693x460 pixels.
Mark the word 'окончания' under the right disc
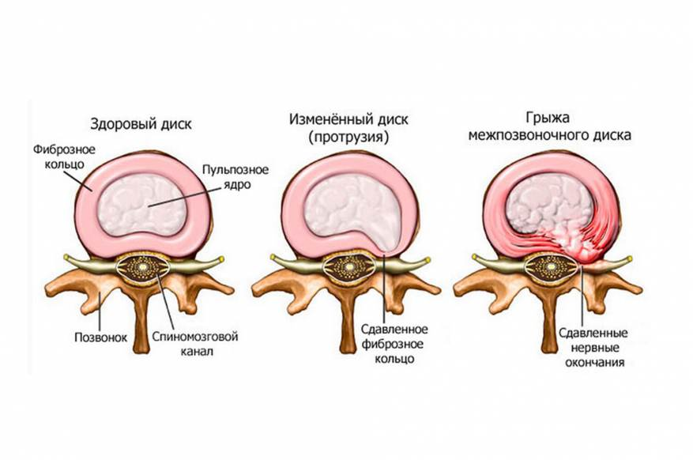[x=590, y=364]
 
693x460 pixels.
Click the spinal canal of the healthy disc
[x=141, y=270]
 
